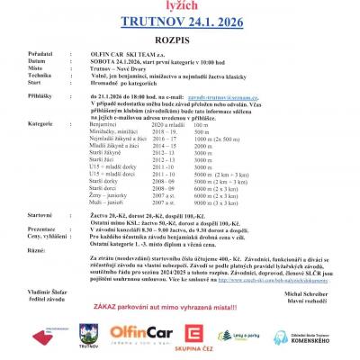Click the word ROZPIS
tap(179, 50)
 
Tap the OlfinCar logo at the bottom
tap(140, 336)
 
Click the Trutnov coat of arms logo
tap(87, 336)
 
